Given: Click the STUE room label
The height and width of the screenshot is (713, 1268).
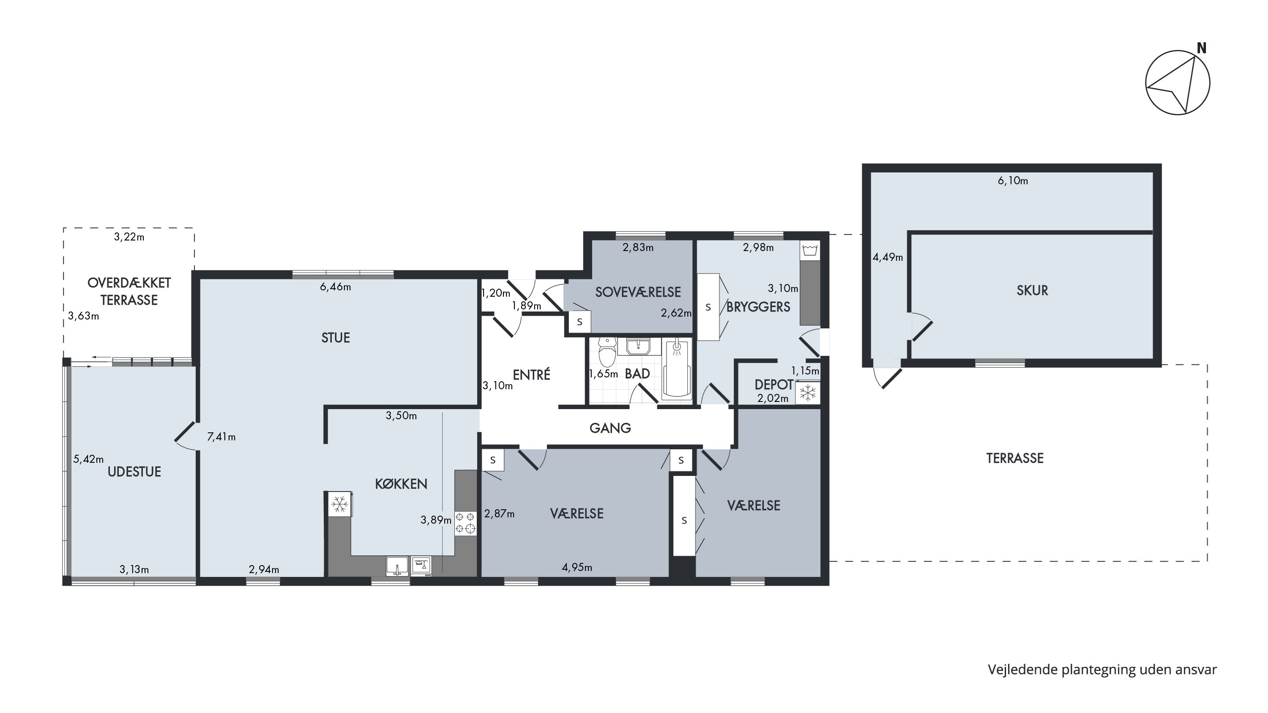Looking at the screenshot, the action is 336,338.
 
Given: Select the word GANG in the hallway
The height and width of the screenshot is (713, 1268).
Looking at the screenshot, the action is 610,428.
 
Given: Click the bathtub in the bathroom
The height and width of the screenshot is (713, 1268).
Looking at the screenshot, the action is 677,369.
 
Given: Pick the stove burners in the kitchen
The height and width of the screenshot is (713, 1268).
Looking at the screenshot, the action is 465,522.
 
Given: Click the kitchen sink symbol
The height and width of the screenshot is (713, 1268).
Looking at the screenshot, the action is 397,566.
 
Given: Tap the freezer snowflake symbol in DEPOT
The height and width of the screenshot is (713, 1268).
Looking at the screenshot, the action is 807,393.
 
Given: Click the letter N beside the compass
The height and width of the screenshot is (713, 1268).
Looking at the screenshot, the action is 1202,48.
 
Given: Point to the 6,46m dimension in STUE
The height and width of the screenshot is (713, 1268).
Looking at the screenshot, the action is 336,287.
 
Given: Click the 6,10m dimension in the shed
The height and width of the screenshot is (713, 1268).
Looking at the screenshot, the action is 1013,181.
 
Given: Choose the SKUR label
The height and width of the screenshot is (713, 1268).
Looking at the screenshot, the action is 1032,290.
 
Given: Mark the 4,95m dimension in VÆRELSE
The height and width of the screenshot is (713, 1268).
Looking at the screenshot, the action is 577,567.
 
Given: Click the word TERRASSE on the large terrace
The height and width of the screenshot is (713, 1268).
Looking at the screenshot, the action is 1015,459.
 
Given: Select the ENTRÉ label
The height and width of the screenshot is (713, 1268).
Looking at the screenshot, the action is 532,375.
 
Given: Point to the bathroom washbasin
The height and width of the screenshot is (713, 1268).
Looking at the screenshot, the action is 638,347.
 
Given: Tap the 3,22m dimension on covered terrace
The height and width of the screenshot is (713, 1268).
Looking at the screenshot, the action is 129,237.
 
